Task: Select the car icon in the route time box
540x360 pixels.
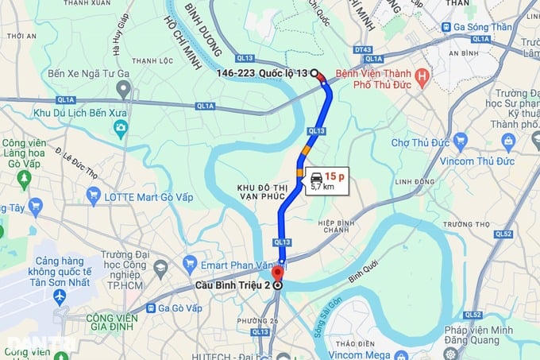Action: tap(316, 176)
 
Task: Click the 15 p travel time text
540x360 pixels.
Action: tap(334, 176)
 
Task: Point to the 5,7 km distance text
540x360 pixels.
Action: tap(322, 187)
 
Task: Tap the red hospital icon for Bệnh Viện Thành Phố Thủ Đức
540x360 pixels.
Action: tap(422, 78)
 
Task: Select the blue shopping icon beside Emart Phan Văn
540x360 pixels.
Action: tap(190, 261)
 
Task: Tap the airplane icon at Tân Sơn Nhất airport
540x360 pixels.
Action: tap(59, 296)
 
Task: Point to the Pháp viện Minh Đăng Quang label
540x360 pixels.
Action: tap(498, 335)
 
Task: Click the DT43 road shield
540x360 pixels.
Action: tap(364, 50)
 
